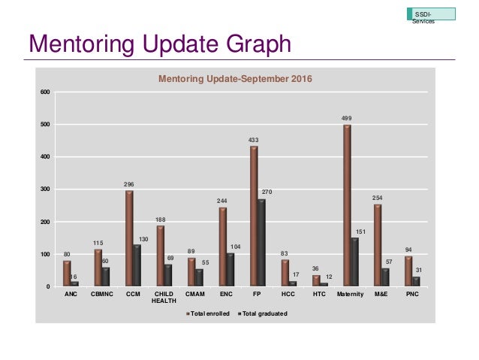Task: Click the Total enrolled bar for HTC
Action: pyautogui.click(x=315, y=280)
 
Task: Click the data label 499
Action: pyautogui.click(x=347, y=118)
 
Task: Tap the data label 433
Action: pyautogui.click(x=253, y=140)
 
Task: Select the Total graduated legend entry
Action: pyautogui.click(x=263, y=312)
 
